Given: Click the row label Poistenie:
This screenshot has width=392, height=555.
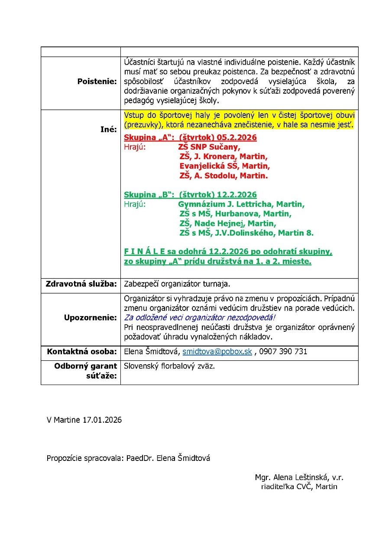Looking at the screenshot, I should [97, 82].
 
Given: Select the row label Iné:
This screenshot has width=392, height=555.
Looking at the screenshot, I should [108, 129].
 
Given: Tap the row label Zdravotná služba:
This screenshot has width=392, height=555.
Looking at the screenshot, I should [81, 284].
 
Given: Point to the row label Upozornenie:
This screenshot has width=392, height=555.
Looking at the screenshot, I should [90, 317].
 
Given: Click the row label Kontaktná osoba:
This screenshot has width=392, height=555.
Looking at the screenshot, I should [81, 352].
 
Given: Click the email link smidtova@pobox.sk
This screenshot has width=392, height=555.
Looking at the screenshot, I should [217, 352].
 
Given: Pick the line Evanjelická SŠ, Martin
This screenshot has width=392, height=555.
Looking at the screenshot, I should [224, 166].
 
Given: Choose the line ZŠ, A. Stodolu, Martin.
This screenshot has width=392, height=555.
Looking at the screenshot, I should [224, 176].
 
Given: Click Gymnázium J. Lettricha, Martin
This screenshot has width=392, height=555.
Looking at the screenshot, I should [241, 204].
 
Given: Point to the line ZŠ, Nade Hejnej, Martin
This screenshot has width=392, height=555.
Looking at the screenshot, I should [227, 223].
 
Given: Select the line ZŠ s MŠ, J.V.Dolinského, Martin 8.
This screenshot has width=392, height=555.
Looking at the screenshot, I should [246, 233].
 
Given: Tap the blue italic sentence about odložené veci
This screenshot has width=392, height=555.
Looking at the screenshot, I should [200, 317].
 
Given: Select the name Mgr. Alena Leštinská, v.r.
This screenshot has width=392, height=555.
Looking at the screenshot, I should [299, 477].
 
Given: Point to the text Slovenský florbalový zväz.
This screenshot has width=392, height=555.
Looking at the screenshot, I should [169, 366].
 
